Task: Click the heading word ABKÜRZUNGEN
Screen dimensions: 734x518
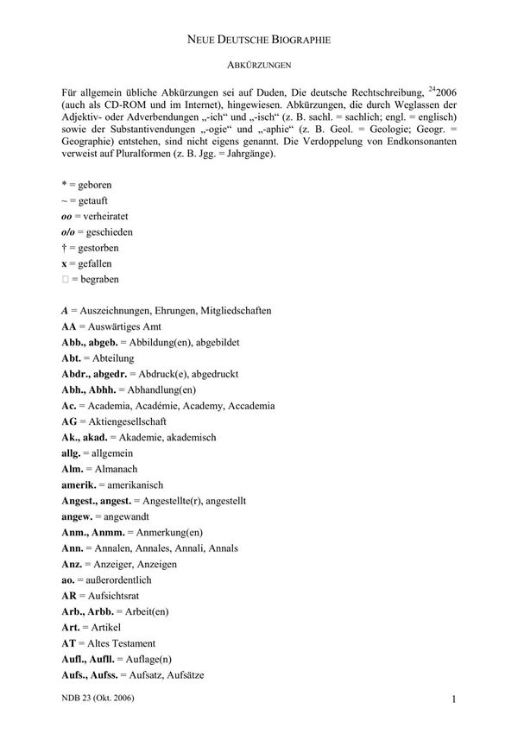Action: (257, 65)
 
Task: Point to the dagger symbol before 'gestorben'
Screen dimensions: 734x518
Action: (65, 249)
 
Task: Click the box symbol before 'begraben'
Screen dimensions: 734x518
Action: (66, 280)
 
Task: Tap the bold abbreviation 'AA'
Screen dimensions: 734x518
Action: (70, 327)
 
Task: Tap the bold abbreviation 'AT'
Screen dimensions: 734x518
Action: (69, 642)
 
